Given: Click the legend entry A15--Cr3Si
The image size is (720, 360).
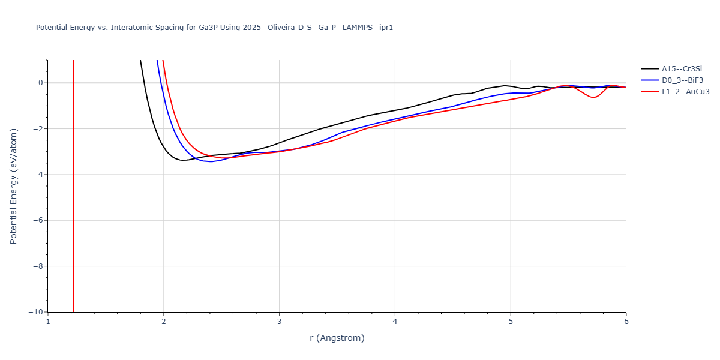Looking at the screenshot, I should point(682,69).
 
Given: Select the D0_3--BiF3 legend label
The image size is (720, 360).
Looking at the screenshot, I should point(682,80).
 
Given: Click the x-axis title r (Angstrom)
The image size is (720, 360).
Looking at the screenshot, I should point(337,338).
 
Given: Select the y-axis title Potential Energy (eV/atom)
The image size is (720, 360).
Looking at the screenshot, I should point(13,186).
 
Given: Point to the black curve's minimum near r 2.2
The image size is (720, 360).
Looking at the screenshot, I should point(183,160).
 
